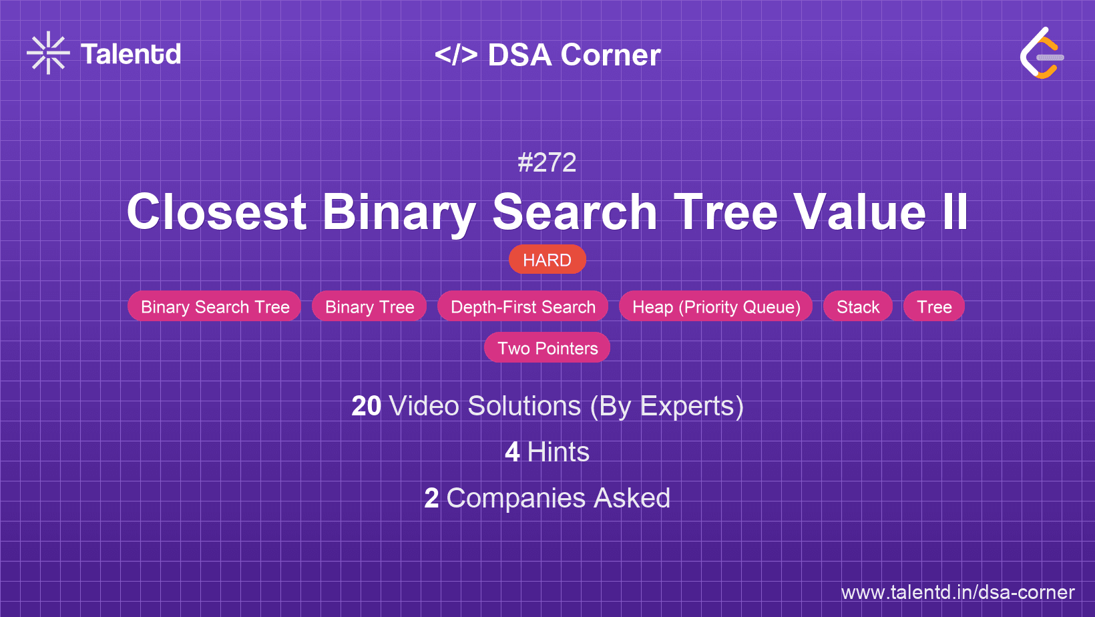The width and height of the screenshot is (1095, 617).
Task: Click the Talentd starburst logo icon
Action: pos(48,53)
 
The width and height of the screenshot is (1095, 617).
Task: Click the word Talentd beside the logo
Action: pos(131,54)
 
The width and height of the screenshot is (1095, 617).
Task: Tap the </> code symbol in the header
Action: pos(456,55)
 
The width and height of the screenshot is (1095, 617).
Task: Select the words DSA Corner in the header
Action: pos(574,55)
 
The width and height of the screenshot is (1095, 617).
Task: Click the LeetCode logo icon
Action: pos(1042,53)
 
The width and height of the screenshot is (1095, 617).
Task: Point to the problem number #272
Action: pos(547,162)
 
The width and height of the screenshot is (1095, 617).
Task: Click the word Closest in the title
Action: pos(216,212)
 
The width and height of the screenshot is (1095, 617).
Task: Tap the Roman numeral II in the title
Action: pos(955,212)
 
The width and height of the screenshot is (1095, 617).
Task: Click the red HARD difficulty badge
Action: pos(547,260)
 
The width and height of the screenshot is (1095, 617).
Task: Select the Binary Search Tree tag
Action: pos(214,306)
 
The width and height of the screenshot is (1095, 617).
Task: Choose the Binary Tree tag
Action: pos(369,306)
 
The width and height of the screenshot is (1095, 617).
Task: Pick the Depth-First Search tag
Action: pos(523,306)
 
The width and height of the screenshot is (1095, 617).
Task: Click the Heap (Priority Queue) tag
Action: pos(716,306)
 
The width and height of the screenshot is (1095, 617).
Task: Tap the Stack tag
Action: pos(858,306)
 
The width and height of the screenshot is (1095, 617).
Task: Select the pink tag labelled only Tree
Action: pos(934,306)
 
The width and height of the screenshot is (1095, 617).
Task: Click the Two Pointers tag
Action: pos(547,348)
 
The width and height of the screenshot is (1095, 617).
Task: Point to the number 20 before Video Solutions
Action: pos(366,406)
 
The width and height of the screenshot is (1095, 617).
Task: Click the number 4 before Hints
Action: pos(512,452)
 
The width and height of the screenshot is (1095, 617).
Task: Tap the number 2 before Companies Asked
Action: pos(431,498)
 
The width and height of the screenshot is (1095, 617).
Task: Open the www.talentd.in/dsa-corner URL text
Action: pos(957,592)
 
